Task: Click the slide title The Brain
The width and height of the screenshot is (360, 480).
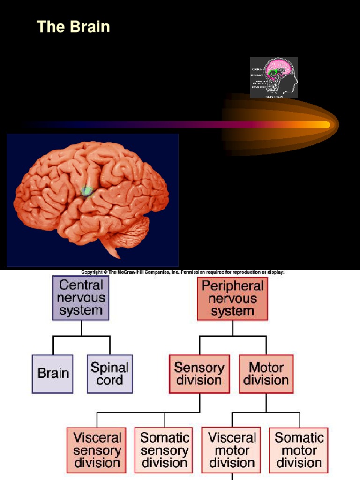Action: pyautogui.click(x=73, y=27)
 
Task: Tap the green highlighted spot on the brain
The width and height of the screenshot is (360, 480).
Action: pyautogui.click(x=87, y=191)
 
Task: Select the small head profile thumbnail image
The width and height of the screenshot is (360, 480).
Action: pyautogui.click(x=274, y=77)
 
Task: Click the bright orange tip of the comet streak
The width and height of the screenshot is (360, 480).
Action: pyautogui.click(x=323, y=125)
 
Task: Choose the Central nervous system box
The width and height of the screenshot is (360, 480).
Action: pyautogui.click(x=81, y=298)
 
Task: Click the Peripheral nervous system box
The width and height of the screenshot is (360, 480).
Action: pyautogui.click(x=232, y=299)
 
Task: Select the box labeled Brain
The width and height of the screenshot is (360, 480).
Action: pyautogui.click(x=52, y=374)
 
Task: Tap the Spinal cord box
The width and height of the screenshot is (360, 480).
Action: pyautogui.click(x=110, y=374)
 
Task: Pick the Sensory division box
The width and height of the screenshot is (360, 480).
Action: pyautogui.click(x=199, y=374)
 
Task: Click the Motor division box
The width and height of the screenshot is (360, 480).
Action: pyautogui.click(x=266, y=374)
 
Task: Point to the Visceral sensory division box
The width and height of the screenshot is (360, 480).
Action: pyautogui.click(x=97, y=450)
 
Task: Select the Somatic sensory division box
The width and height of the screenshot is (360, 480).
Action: pyautogui.click(x=165, y=450)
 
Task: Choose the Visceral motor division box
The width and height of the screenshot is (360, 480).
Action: pyautogui.click(x=232, y=450)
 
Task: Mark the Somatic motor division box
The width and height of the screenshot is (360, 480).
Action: pyautogui.click(x=299, y=450)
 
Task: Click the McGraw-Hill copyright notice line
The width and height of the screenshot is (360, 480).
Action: pyautogui.click(x=183, y=272)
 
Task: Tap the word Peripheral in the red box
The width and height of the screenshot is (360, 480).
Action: pyautogui.click(x=232, y=285)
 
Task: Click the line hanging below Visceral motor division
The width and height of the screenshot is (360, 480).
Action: pyautogui.click(x=232, y=477)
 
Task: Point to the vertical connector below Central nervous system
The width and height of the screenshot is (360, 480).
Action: pyautogui.click(x=81, y=328)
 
